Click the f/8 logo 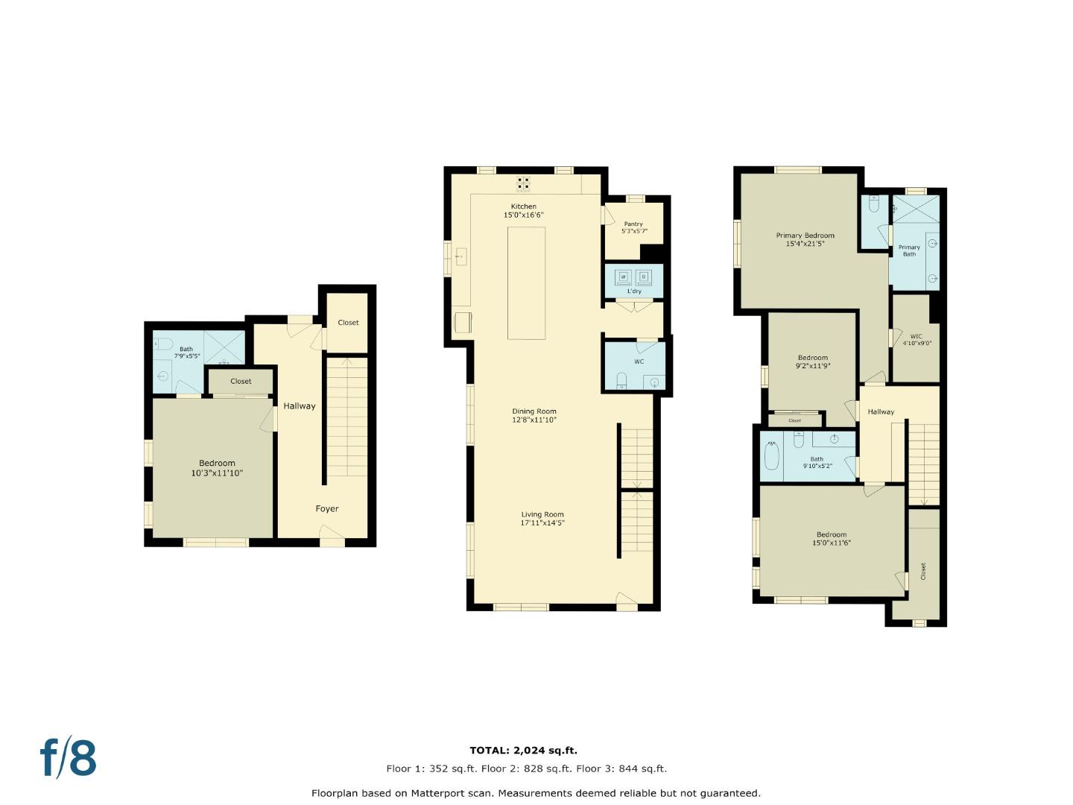coord(68,758)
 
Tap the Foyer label coord(326,508)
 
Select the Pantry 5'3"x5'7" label coord(633,227)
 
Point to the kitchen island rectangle coord(526,282)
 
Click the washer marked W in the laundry coord(623,277)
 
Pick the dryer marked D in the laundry coord(645,277)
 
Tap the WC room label coord(639,362)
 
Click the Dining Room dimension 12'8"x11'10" coord(534,420)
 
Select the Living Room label coord(542,514)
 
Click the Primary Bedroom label coord(805,236)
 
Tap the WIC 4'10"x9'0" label coord(917,340)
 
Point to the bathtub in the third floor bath coord(771,455)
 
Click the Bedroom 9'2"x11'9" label coord(812,362)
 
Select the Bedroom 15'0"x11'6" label coord(832,538)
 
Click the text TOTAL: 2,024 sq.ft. coord(523,751)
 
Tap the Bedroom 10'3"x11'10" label coord(217,468)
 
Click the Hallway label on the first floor coord(299,406)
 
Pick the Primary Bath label coord(909,250)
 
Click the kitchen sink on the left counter coord(460,257)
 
